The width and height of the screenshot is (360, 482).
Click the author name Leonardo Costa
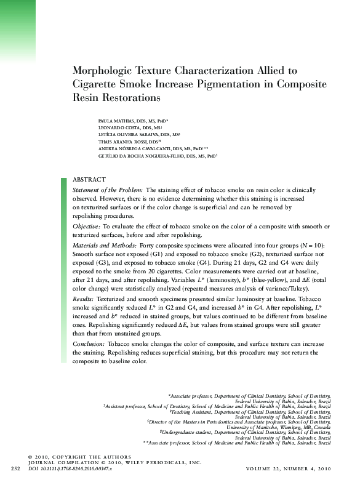point(118,128)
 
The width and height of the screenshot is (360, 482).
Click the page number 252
point(15,468)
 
